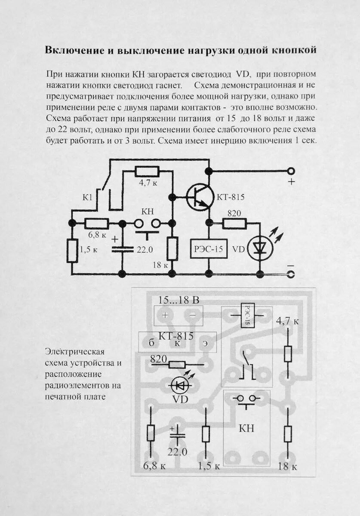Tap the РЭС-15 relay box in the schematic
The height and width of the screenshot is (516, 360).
[209, 249]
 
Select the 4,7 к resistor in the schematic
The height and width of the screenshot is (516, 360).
[147, 172]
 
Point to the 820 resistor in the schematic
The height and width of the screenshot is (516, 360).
[234, 223]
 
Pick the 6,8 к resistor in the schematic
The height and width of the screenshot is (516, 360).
[96, 223]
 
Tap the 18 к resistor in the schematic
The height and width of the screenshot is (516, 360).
[172, 249]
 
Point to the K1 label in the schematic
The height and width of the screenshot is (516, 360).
[88, 197]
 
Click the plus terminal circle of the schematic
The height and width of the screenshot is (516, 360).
[291, 171]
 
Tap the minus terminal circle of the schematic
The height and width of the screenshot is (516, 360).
[291, 274]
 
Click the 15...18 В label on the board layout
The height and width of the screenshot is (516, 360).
[178, 301]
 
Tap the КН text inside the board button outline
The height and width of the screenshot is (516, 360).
[246, 428]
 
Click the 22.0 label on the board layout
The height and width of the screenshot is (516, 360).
[177, 451]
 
